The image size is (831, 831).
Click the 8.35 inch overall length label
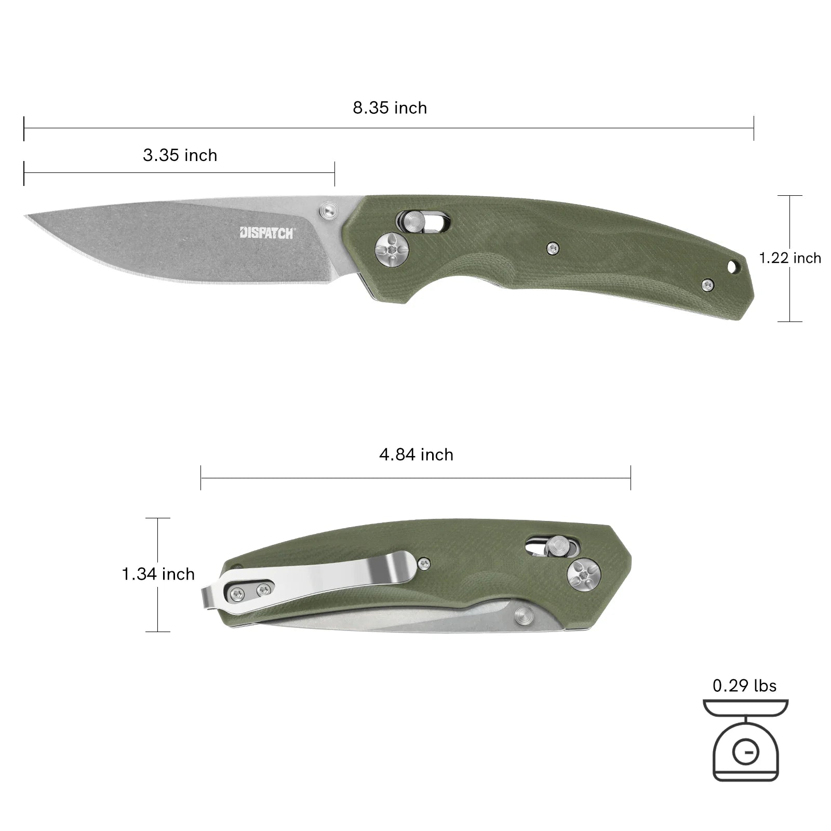tap(390, 108)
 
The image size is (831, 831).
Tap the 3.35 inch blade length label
tap(180, 155)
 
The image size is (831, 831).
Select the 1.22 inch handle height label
tap(789, 258)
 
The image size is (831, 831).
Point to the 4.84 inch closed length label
tap(416, 455)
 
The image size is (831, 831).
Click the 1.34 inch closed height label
tap(158, 574)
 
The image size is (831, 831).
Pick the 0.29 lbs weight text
tap(744, 686)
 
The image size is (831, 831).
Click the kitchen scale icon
tap(745, 740)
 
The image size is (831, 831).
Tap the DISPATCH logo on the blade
tap(266, 233)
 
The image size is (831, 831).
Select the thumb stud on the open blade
tap(328, 209)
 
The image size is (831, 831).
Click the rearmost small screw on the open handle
tap(707, 284)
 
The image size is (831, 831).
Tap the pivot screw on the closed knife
tap(584, 575)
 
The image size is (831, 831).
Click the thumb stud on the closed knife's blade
tap(524, 616)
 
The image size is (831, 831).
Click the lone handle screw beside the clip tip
tap(424, 562)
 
